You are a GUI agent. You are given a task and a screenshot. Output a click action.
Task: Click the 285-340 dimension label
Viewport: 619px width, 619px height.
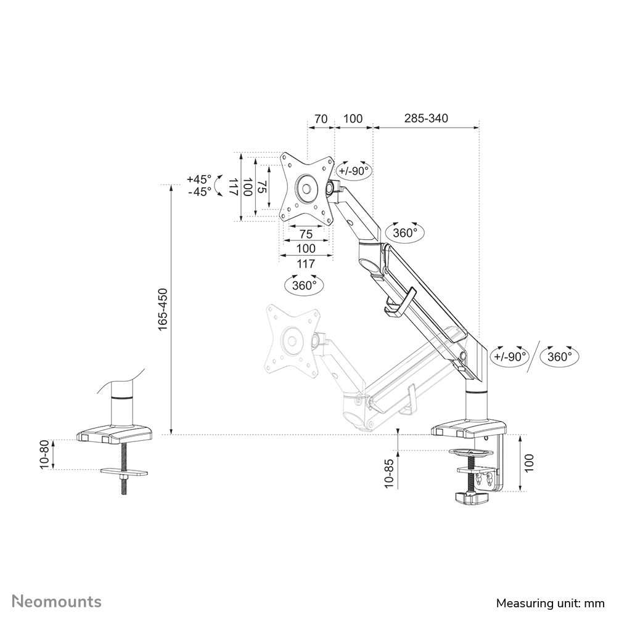(x=425, y=118)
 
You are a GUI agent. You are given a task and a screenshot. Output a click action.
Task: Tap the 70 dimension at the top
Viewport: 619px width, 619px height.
(x=320, y=118)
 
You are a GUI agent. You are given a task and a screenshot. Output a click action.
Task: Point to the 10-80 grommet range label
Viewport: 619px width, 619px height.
(x=44, y=454)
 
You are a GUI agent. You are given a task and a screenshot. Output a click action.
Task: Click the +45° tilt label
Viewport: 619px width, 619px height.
(x=199, y=179)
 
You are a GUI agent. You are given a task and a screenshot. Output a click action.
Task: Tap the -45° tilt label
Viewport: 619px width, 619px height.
(x=199, y=192)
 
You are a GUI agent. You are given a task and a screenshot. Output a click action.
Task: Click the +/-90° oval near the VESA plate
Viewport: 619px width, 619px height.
(x=354, y=171)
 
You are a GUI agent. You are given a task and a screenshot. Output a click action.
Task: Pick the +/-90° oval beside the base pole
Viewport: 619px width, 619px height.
(x=510, y=356)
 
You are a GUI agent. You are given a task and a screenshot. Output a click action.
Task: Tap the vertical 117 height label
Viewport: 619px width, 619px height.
(x=233, y=187)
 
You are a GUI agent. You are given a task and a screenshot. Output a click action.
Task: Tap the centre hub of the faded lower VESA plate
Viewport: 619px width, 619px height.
(x=289, y=340)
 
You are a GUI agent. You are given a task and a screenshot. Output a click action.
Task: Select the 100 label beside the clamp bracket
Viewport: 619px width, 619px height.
(x=529, y=462)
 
